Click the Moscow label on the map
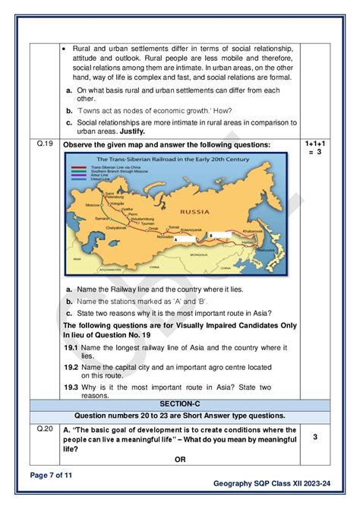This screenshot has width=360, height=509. [92, 206]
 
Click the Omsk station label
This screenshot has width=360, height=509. [153, 228]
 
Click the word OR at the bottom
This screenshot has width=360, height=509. [180, 459]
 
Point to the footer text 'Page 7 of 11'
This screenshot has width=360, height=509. [53, 476]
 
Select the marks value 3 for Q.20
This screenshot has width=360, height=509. [315, 438]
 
